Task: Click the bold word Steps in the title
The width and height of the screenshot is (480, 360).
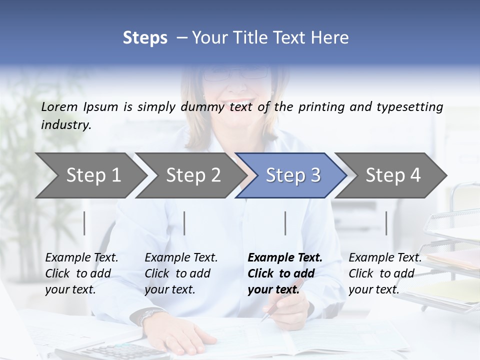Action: click(x=145, y=38)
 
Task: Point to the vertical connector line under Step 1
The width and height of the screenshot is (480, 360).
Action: click(x=84, y=223)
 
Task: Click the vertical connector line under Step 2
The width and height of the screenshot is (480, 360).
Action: click(x=184, y=223)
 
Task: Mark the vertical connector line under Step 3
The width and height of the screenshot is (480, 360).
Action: click(x=285, y=223)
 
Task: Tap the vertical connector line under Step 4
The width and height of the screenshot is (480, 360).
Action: click(x=386, y=223)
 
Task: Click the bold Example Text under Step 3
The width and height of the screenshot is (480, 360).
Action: click(x=284, y=273)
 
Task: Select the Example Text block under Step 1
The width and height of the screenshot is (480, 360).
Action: click(x=81, y=273)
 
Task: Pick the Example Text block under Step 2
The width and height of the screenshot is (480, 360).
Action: click(x=181, y=273)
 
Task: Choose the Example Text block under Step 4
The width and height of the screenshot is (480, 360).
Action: click(x=385, y=273)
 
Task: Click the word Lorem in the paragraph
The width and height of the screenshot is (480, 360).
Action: click(x=59, y=106)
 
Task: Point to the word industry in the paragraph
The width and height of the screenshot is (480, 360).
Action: click(x=65, y=125)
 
